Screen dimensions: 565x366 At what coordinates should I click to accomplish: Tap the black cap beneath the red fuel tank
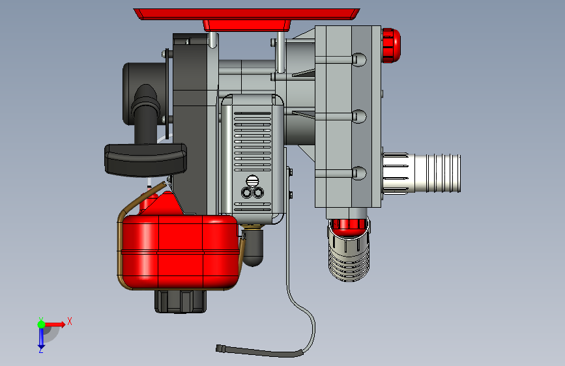pos(181,301)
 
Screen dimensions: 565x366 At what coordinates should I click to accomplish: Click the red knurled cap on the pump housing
pos(391,46)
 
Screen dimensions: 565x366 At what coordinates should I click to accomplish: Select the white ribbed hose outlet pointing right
pos(422,173)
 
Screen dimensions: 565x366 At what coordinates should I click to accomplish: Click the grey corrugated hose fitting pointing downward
pos(349,256)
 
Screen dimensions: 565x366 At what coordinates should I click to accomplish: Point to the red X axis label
pos(70,321)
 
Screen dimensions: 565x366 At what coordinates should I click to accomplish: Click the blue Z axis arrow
pos(41,339)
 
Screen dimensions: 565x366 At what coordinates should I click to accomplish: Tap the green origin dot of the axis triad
pos(42,324)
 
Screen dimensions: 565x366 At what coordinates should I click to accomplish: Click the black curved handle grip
pos(145,160)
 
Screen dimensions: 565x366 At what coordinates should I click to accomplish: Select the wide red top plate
pos(247,14)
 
